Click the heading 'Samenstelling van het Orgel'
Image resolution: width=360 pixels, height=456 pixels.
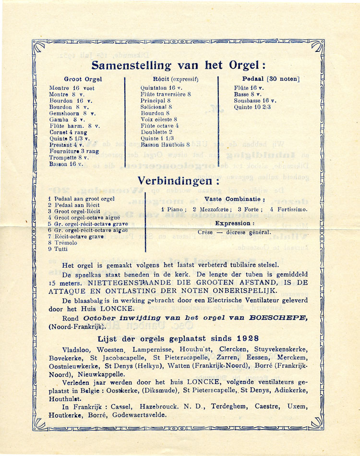click(178, 65)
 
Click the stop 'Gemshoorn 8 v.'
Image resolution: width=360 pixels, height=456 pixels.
click(72, 113)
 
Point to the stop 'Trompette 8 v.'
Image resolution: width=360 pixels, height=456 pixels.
click(69, 157)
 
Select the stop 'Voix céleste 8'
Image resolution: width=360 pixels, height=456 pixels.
click(159, 119)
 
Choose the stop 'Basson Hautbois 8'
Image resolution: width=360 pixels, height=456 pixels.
click(166, 144)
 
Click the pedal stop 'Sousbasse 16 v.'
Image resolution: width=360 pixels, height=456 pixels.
click(255, 101)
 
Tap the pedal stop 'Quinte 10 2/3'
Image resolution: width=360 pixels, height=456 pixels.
click(252, 107)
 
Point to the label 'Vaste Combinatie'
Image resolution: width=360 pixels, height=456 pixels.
click(234, 199)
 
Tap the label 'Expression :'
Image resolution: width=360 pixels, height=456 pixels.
click(234, 223)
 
